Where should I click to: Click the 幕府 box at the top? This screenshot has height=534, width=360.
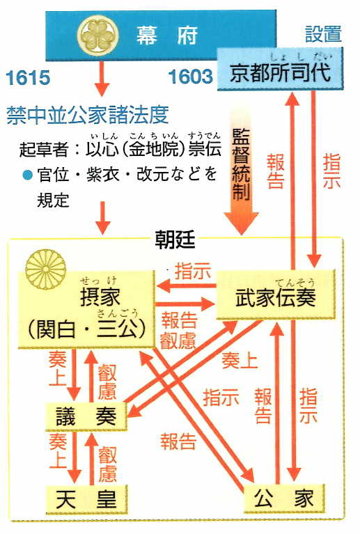tap(161, 36)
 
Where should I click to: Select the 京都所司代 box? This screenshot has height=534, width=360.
tap(280, 69)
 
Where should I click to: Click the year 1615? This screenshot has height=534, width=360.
tap(29, 78)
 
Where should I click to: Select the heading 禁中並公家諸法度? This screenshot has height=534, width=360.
tap(88, 115)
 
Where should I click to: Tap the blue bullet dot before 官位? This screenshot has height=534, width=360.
tap(26, 175)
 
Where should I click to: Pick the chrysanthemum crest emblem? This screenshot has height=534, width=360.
tap(45, 268)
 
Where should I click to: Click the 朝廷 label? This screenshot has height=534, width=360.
tap(175, 240)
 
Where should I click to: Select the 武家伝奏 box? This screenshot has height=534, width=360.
tap(276, 295)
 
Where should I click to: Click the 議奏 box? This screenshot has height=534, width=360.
tap(86, 416)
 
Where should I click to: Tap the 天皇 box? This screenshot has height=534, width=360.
tap(86, 499)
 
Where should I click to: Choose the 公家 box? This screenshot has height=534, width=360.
tap(283, 498)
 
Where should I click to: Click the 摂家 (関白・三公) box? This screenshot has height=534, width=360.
tap(86, 310)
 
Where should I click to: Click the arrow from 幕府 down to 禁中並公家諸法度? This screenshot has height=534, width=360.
tap(101, 79)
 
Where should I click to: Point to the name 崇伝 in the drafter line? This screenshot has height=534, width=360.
tap(205, 149)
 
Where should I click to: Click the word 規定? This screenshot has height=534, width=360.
tap(53, 200)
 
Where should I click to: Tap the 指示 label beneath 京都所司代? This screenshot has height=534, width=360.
tap(331, 171)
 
